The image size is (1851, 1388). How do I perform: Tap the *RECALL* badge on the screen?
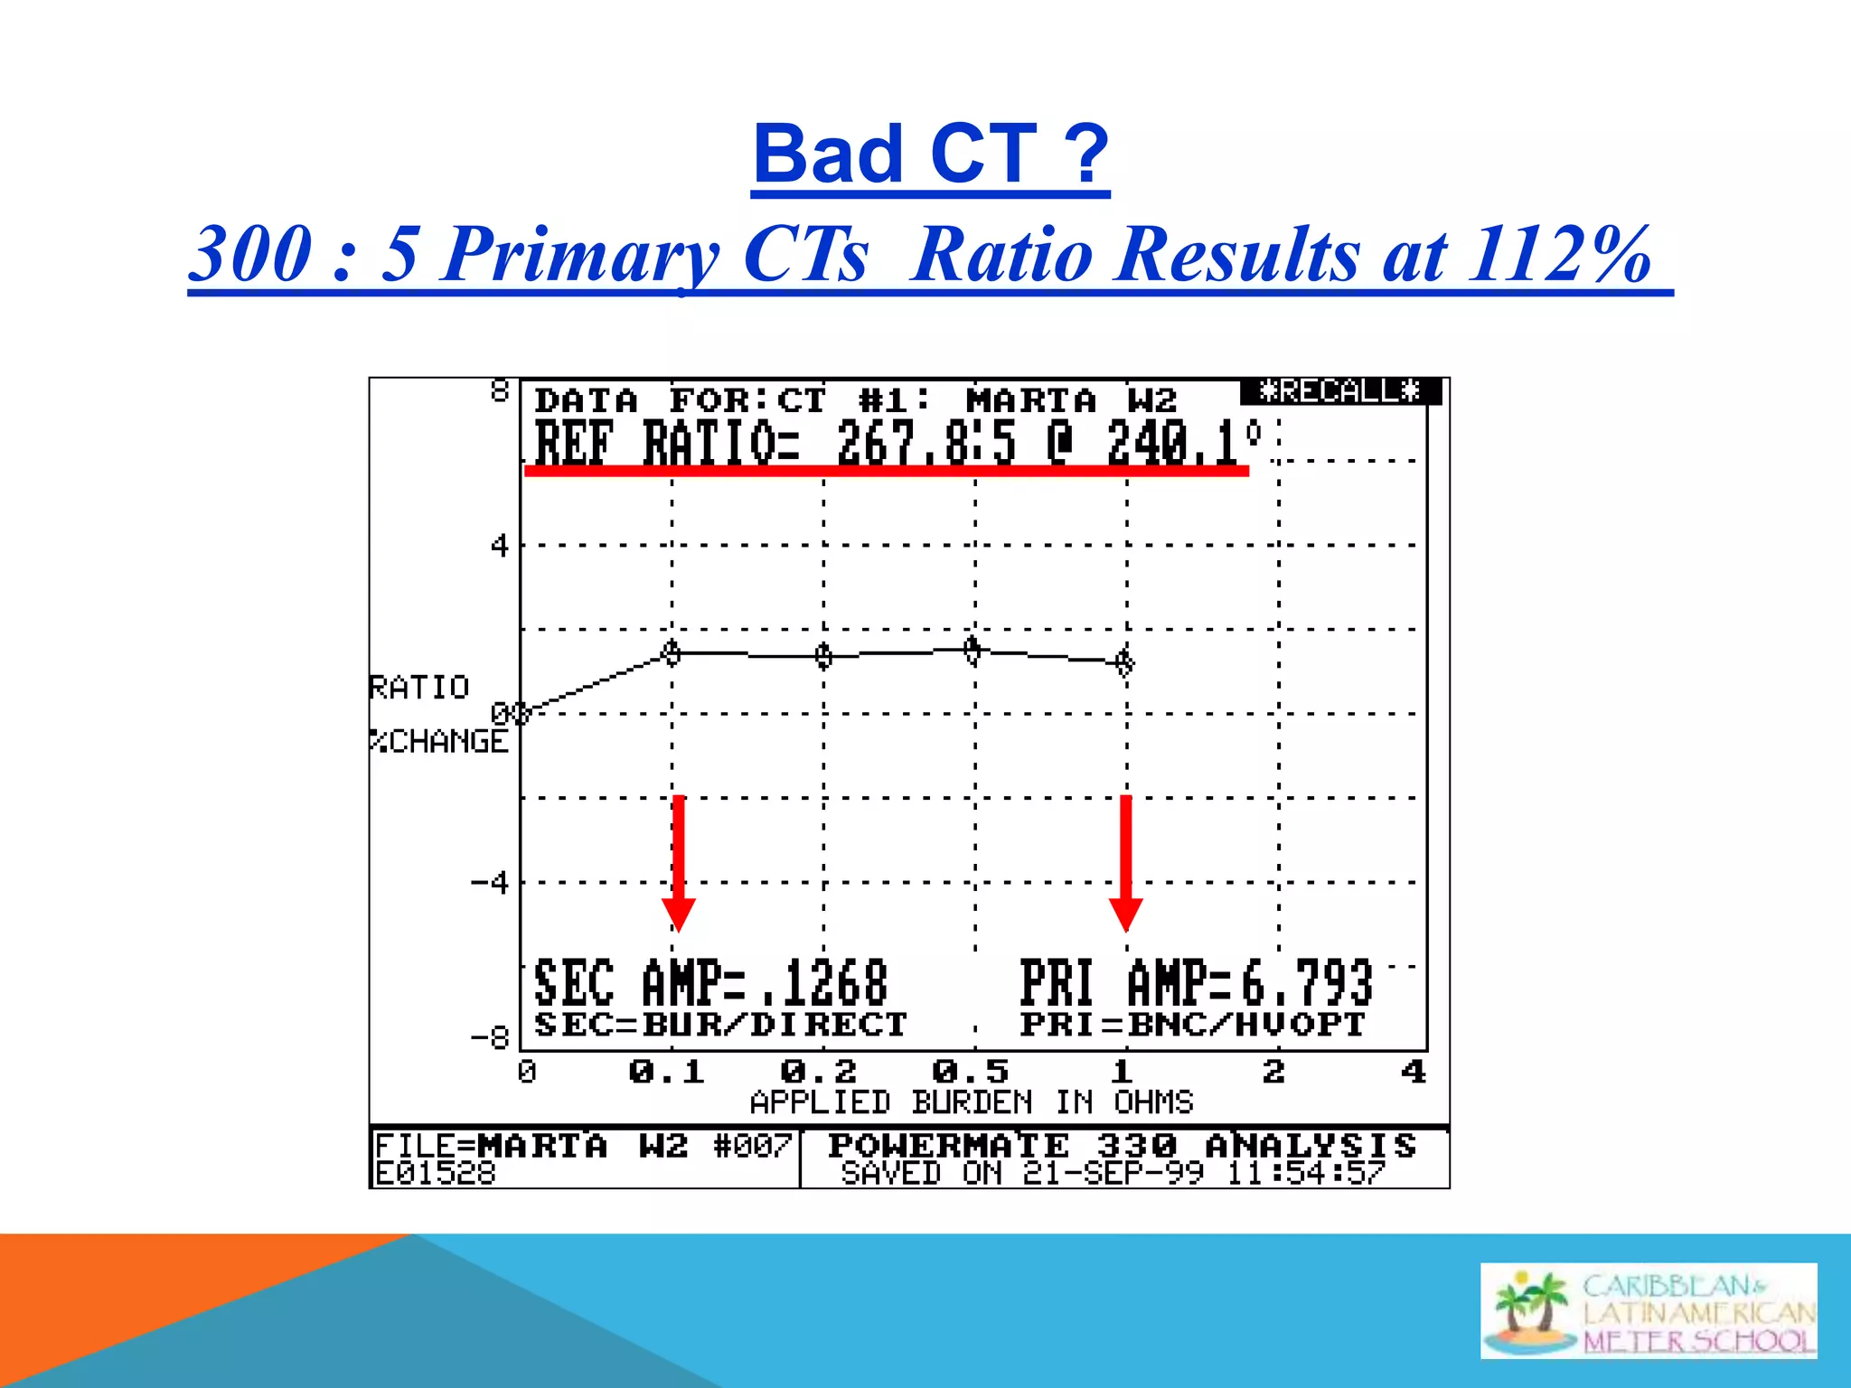(1339, 391)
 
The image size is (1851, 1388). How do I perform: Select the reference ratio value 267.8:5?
(926, 444)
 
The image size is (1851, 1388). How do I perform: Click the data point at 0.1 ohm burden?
(672, 652)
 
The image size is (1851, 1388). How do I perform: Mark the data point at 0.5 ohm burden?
(972, 649)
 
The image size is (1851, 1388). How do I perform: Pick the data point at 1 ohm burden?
(1124, 662)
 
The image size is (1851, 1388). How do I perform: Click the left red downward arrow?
(679, 863)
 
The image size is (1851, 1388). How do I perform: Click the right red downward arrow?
(1125, 863)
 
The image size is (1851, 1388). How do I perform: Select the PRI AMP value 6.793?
(1306, 983)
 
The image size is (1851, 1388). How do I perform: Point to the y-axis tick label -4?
(491, 882)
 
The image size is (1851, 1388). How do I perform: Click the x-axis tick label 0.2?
(818, 1072)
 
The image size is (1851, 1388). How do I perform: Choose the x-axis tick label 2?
(1273, 1072)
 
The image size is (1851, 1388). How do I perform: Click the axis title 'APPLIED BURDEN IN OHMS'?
(972, 1102)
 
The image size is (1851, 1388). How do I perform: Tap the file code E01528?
(436, 1174)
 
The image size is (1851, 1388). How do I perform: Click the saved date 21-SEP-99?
(1113, 1174)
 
